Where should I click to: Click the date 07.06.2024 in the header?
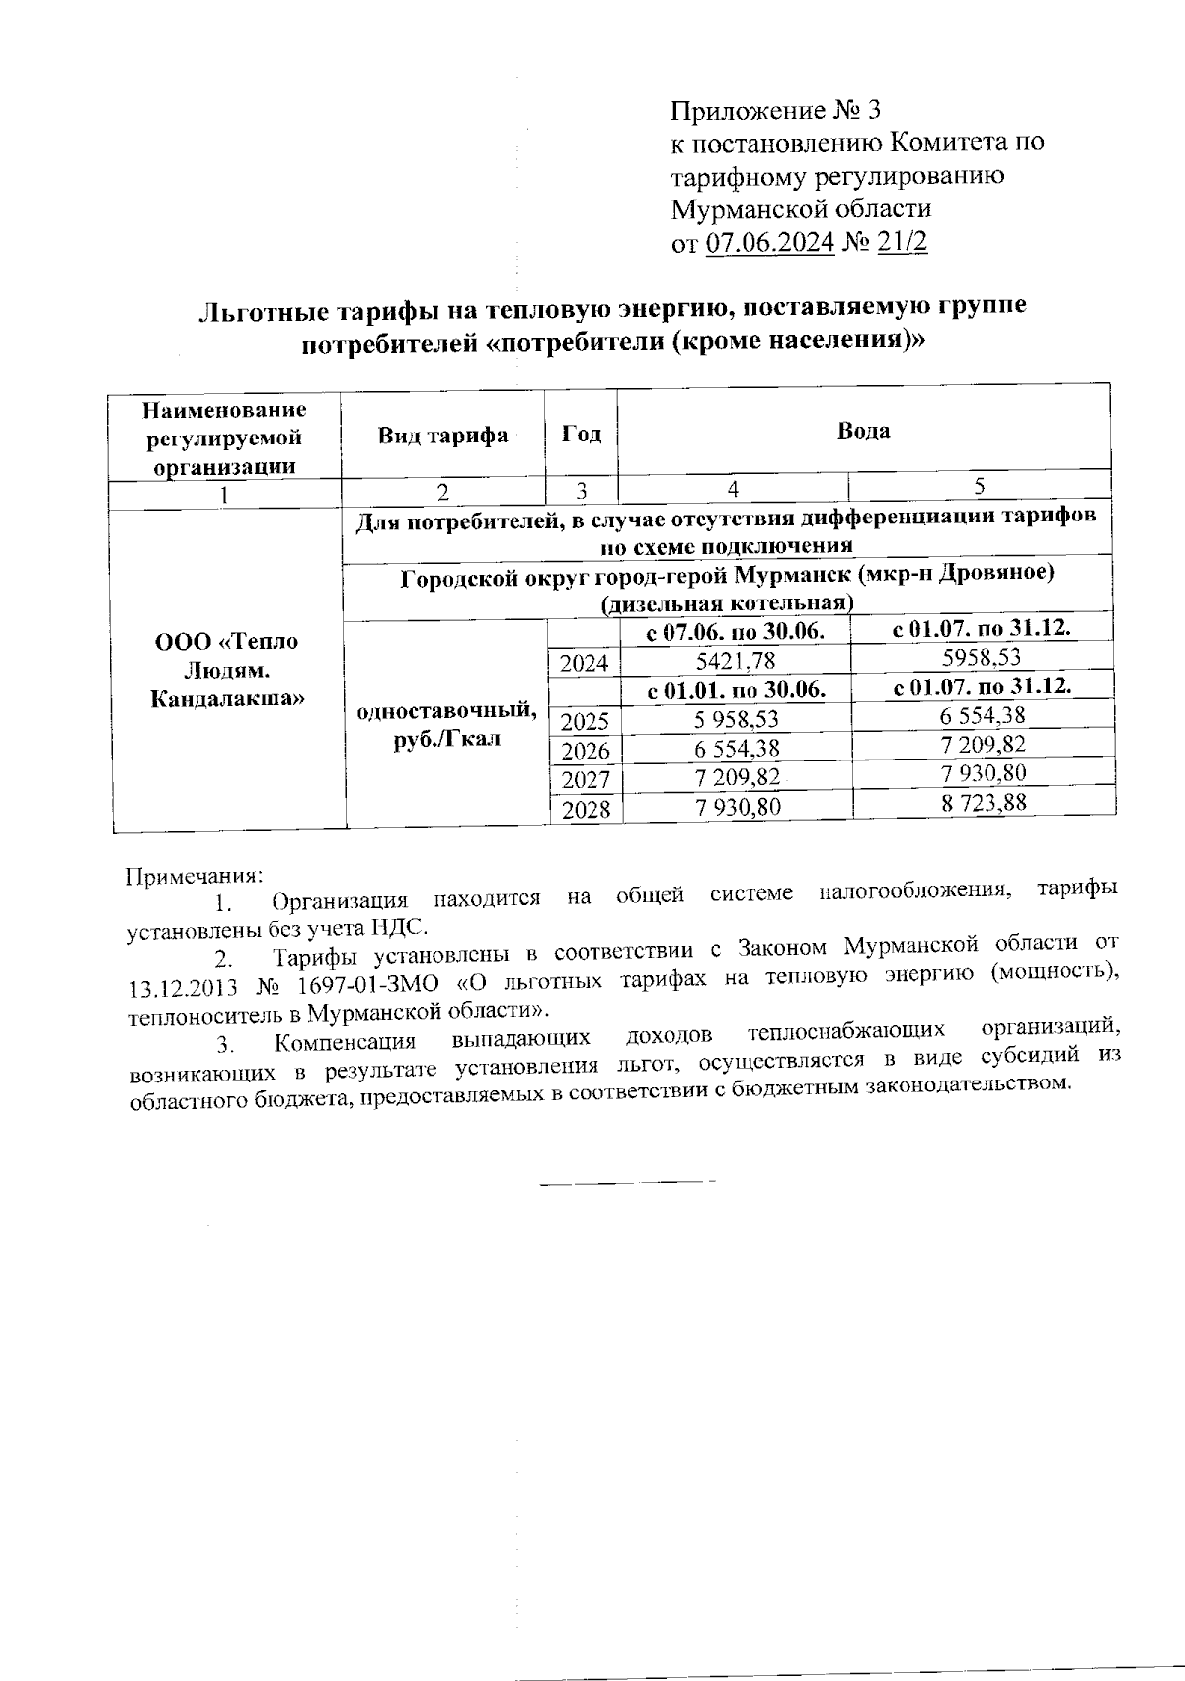770,243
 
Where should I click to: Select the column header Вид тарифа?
442,436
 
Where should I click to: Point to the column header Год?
581,434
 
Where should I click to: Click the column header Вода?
863,431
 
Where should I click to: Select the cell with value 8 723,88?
984,803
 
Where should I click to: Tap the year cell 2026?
585,752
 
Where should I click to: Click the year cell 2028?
585,811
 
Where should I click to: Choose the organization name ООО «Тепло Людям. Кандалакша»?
226,670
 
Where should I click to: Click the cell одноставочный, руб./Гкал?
446,724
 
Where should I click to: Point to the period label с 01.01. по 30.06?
735,689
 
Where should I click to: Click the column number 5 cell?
979,485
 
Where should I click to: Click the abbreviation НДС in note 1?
401,927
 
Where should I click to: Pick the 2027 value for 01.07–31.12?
984,773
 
